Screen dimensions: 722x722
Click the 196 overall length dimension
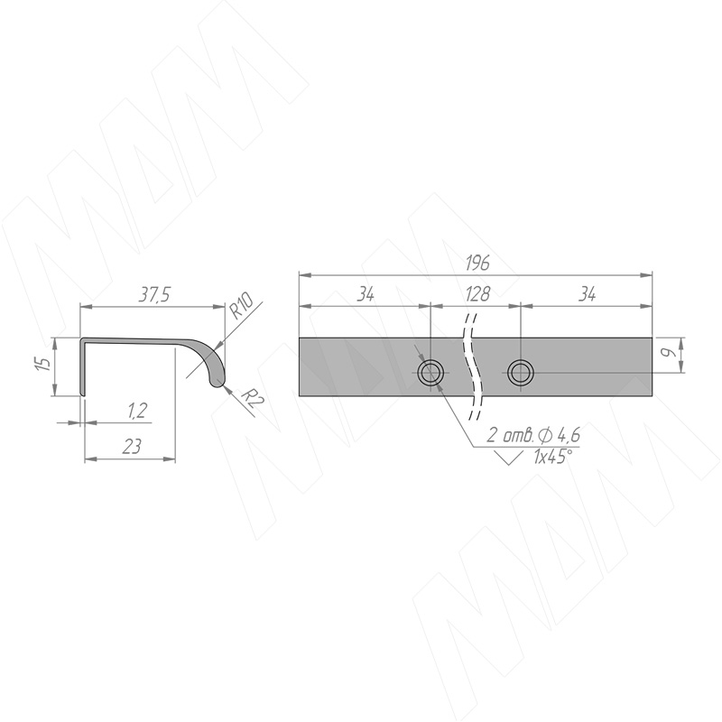point(477,264)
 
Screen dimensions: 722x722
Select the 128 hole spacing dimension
point(477,294)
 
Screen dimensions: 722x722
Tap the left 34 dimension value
point(366,294)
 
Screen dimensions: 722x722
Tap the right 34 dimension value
point(588,294)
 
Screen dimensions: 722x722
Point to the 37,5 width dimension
point(154,295)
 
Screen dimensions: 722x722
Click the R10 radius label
point(241,306)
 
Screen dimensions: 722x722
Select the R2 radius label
point(252,400)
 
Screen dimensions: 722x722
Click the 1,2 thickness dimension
point(137,410)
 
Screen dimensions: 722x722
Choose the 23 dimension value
point(132,447)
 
